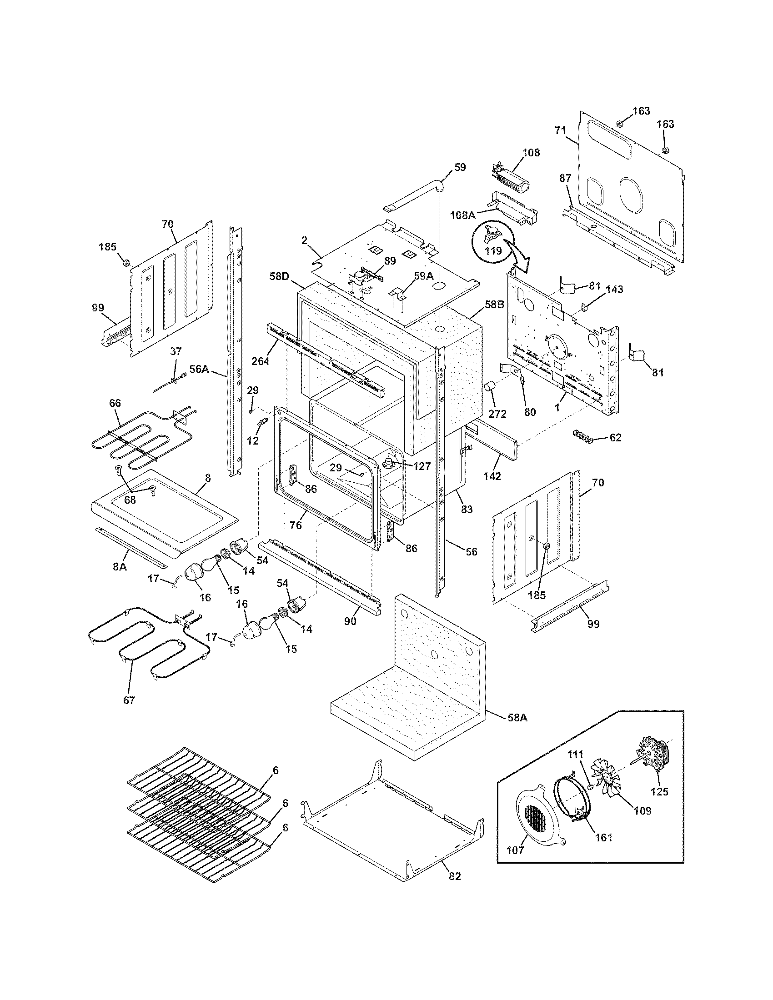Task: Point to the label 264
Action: pos(260,361)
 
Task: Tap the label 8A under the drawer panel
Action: pos(120,566)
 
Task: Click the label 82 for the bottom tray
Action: pos(454,876)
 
